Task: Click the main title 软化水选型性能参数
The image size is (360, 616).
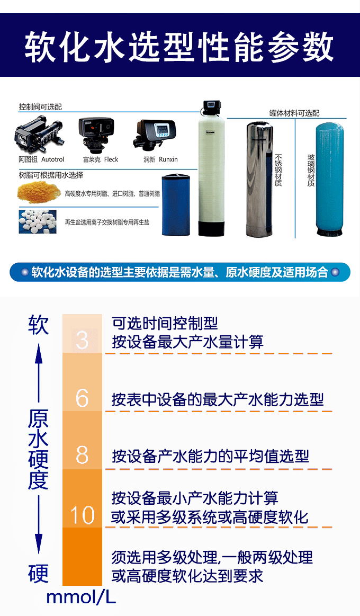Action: [x=179, y=47]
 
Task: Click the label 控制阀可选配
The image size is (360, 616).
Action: [x=40, y=107]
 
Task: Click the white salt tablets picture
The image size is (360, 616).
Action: [x=38, y=221]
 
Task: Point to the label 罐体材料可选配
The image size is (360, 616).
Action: [x=294, y=113]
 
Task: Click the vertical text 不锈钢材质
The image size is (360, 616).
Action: [x=278, y=170]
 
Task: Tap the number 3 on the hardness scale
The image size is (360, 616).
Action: [x=82, y=340]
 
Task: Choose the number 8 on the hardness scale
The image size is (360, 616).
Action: [x=82, y=455]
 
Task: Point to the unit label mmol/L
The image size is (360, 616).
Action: [x=81, y=597]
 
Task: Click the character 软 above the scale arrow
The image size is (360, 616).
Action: [x=38, y=325]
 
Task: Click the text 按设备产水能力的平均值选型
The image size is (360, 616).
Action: [x=210, y=456]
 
